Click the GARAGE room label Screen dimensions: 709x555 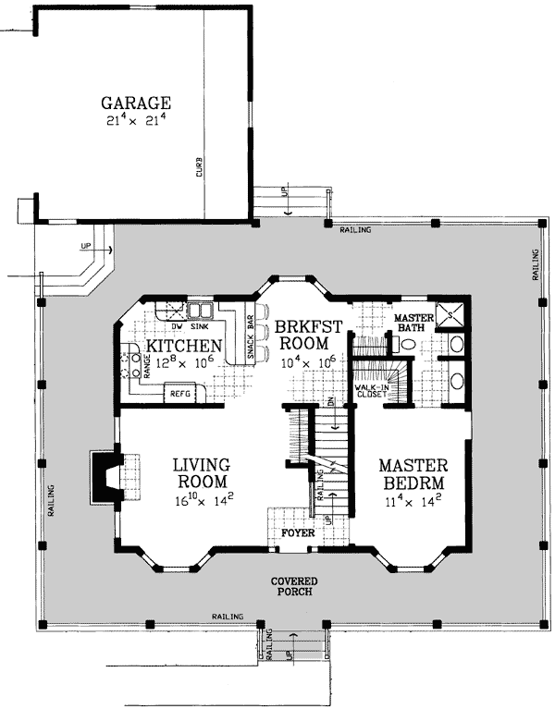pyautogui.click(x=136, y=102)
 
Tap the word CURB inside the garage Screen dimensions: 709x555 pyautogui.click(x=199, y=168)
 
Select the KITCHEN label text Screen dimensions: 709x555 pyautogui.click(x=177, y=346)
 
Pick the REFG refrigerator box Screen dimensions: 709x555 pyautogui.click(x=179, y=394)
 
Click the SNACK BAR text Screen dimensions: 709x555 pyautogui.click(x=251, y=338)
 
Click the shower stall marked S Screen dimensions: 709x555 pyautogui.click(x=450, y=314)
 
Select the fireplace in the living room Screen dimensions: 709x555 pyautogui.click(x=104, y=478)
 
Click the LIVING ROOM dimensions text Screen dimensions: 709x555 pyautogui.click(x=201, y=502)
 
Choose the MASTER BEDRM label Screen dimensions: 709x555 pyautogui.click(x=413, y=474)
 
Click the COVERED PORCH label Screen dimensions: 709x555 pyautogui.click(x=294, y=587)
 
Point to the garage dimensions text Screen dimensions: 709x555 pyautogui.click(x=136, y=119)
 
